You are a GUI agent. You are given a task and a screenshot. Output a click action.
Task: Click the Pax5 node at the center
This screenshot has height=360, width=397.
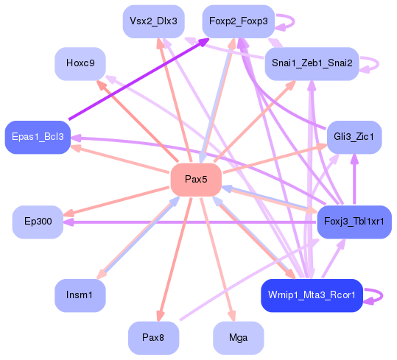(196, 180)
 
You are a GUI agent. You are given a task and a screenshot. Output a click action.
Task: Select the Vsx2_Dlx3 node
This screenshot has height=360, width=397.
(153, 21)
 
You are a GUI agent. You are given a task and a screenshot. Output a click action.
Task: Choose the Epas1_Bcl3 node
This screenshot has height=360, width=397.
(38, 137)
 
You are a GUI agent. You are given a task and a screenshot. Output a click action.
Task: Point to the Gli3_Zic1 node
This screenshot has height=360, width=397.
(354, 136)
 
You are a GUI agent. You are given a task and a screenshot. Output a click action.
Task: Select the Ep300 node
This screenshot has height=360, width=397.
(38, 222)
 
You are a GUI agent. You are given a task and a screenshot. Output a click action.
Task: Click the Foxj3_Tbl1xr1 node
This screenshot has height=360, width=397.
(354, 222)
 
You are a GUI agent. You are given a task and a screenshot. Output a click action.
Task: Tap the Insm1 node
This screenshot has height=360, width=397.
(80, 294)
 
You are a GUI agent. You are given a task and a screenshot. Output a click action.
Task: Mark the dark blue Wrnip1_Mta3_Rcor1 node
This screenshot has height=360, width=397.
(312, 294)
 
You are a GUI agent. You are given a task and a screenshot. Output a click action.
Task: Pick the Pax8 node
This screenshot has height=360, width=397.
(153, 338)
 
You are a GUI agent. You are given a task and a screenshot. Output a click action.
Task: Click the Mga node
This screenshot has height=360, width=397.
(238, 338)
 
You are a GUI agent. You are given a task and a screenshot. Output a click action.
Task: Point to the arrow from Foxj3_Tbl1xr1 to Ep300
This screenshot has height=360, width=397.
(184, 222)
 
